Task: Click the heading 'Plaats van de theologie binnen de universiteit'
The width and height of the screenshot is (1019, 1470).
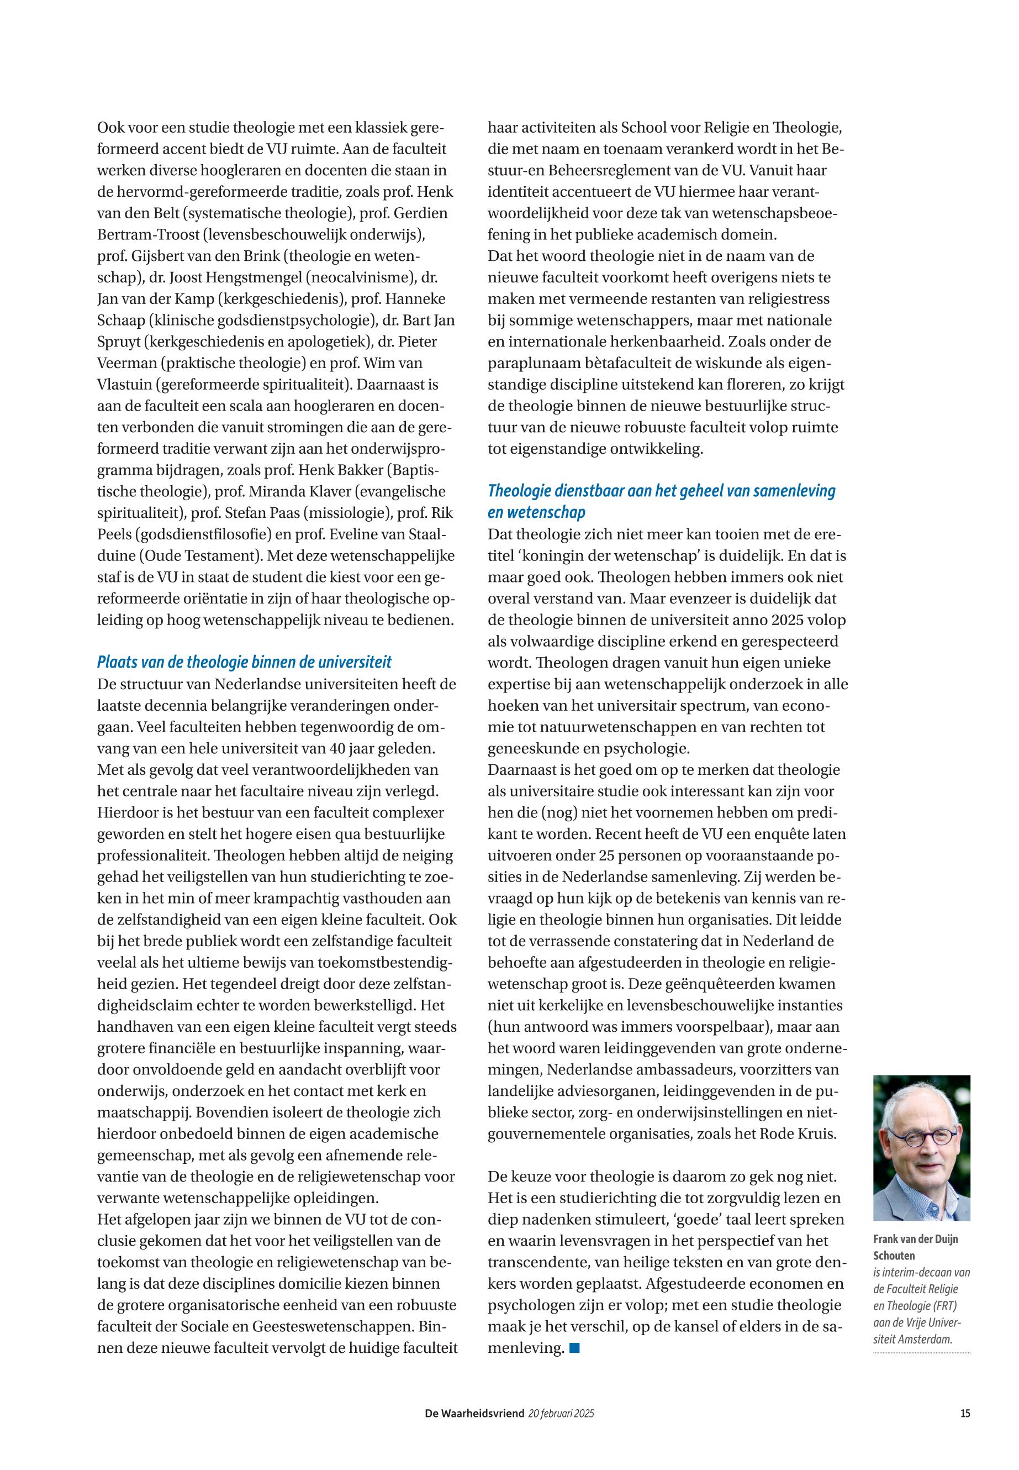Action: pyautogui.click(x=244, y=662)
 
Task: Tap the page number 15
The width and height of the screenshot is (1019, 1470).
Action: pyautogui.click(x=965, y=1413)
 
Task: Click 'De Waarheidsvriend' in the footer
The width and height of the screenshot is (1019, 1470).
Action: pyautogui.click(x=474, y=1413)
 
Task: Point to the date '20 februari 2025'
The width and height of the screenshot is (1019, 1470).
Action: pyautogui.click(x=561, y=1413)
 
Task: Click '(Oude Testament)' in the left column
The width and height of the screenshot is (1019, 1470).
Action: pyautogui.click(x=195, y=556)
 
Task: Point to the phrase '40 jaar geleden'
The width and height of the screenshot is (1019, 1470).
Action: pyautogui.click(x=383, y=748)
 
